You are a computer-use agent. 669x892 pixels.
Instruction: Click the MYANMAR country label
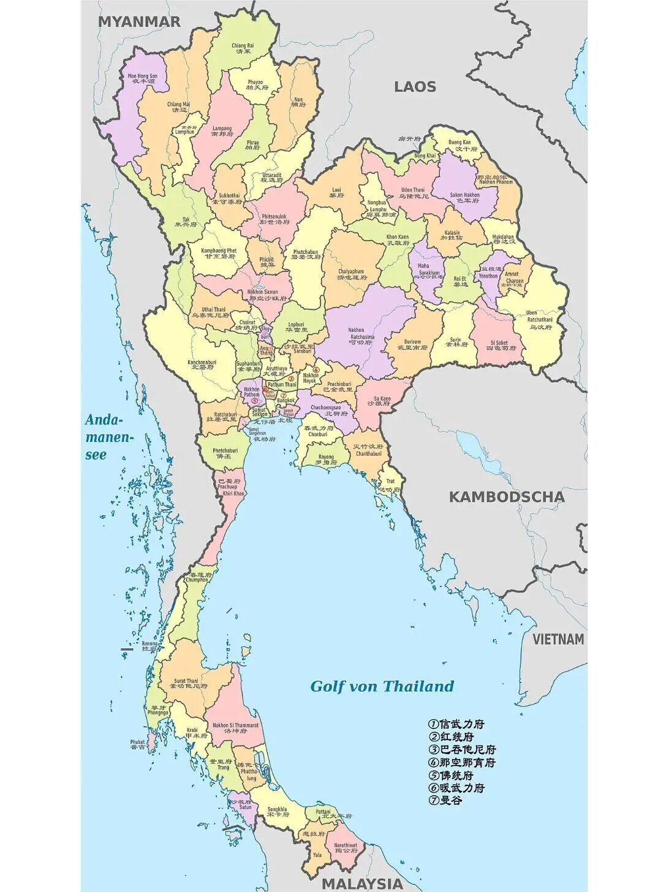tap(139, 21)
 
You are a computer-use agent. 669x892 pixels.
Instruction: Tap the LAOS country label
tap(415, 86)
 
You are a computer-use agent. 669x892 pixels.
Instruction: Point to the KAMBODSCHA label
tap(507, 496)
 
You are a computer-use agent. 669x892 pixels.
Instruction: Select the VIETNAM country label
tap(557, 640)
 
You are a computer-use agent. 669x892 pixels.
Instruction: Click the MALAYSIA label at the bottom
tap(363, 883)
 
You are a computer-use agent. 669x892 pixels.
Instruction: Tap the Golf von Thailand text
tap(382, 686)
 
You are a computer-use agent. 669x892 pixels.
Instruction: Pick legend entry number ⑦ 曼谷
tap(445, 800)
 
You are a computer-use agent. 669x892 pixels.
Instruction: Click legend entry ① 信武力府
tap(456, 724)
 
